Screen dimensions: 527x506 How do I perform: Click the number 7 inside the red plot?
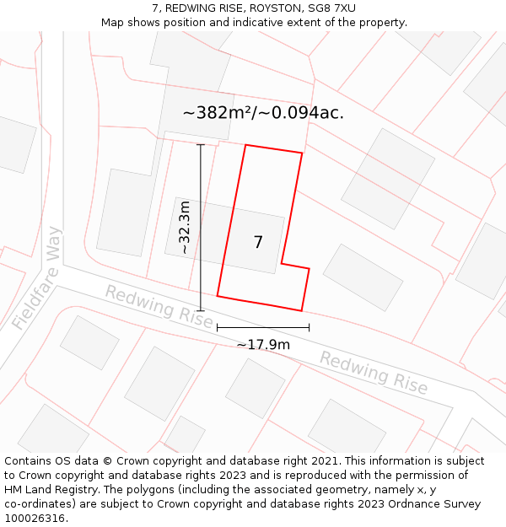coord(258,243)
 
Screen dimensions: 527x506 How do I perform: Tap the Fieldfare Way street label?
coord(38,278)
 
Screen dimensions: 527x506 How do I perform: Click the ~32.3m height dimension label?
coord(185,228)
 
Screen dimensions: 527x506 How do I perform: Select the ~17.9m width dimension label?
coord(263,344)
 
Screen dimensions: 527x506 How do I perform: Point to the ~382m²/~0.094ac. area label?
coord(263,112)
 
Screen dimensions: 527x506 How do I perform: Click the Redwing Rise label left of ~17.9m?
coord(159,306)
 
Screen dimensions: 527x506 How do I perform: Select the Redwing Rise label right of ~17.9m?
coord(374,372)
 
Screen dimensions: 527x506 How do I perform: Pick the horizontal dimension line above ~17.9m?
coord(263,327)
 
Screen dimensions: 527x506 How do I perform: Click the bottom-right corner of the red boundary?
coord(301,310)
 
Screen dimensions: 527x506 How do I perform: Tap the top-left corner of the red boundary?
coord(245,145)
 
